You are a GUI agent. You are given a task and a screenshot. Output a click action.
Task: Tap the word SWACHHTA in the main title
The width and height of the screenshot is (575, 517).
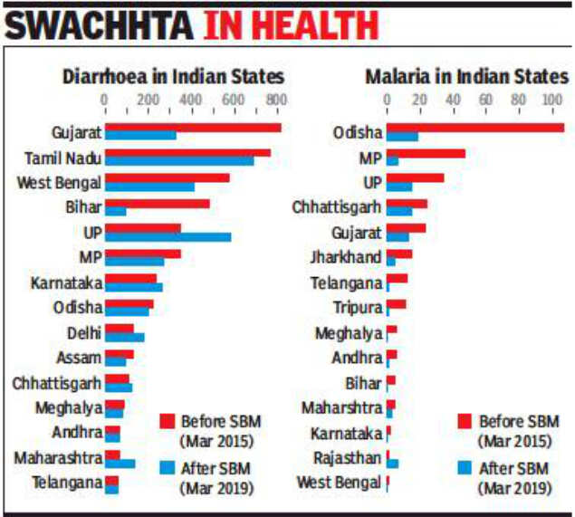(101, 24)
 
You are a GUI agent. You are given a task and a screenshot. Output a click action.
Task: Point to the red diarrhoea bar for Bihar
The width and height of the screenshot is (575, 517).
(158, 204)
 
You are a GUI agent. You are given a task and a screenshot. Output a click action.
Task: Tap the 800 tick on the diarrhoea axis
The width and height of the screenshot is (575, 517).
(275, 100)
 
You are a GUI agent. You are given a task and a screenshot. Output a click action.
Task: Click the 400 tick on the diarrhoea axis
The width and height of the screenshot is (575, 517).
(190, 100)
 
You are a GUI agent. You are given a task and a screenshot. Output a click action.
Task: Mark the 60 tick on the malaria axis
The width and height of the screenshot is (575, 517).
(485, 100)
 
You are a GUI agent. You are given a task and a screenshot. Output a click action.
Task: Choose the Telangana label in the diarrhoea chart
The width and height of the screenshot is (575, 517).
(66, 482)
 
